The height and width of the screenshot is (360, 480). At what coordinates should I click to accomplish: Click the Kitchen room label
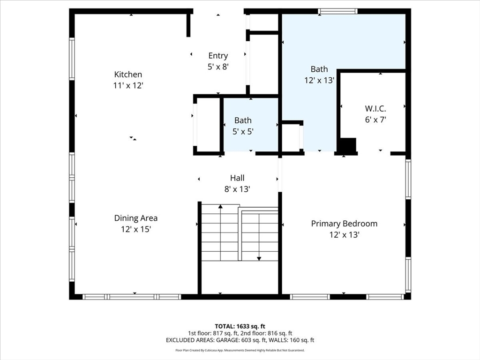coord(128,75)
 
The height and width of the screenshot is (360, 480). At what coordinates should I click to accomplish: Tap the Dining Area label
coord(135,218)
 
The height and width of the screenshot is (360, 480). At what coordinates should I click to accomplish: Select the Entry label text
coord(218,56)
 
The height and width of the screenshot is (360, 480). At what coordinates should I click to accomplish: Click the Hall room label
coord(237,178)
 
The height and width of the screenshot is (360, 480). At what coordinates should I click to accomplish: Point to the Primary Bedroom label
coord(344,224)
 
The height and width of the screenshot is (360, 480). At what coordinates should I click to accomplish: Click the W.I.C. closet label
coord(375,108)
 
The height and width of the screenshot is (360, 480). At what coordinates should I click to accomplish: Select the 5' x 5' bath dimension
coord(243,132)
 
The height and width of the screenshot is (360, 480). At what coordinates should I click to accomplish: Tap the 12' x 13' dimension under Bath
coord(319,80)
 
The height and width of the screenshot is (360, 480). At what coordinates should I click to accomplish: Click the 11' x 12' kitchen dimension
coord(128,85)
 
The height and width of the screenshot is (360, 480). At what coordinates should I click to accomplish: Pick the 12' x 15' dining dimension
coord(135,229)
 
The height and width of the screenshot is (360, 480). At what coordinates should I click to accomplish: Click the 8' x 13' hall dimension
coord(237,189)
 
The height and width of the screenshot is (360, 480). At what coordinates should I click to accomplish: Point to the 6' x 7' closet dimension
coord(375,120)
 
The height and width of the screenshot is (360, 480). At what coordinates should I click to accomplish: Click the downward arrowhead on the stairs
coord(259,259)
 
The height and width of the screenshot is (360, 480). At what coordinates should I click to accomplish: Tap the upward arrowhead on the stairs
coord(220,207)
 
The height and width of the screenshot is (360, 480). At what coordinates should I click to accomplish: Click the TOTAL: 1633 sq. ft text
coord(240,326)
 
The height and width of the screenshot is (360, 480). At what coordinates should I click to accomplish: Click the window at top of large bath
coord(337,11)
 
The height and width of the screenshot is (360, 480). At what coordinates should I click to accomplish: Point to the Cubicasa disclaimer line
coord(240,350)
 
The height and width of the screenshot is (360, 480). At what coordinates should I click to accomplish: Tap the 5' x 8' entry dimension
coord(218,67)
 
